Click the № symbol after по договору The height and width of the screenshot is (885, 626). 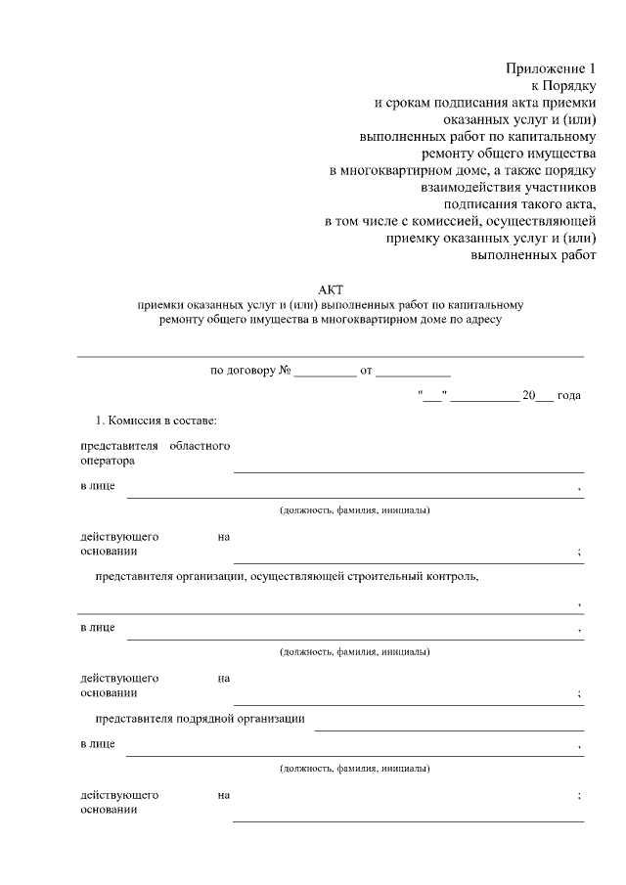click(x=287, y=372)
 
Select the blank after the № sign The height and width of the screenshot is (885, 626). click(x=325, y=373)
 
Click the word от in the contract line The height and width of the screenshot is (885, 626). click(x=366, y=372)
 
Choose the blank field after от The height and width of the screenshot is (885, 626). click(x=413, y=373)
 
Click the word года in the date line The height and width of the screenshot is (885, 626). click(x=569, y=395)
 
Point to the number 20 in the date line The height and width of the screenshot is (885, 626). click(x=529, y=395)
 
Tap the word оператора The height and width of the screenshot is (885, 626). click(x=108, y=460)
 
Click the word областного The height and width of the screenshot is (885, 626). click(x=200, y=446)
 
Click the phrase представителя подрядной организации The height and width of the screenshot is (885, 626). click(x=200, y=719)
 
